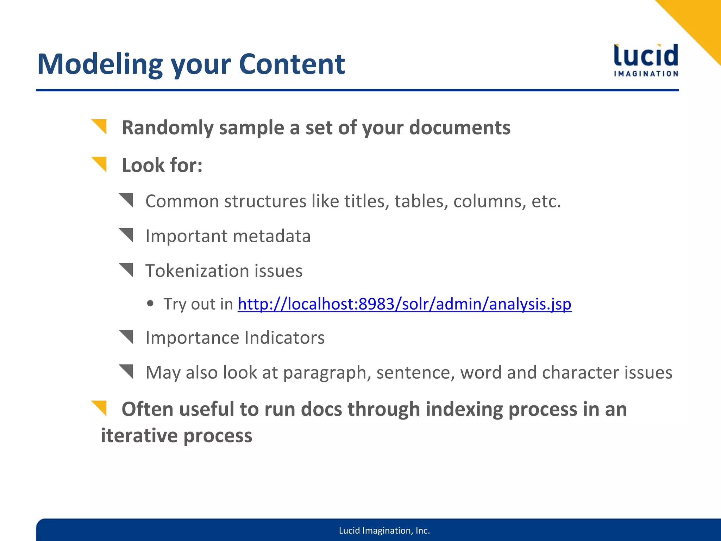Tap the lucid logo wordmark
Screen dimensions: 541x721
[646, 56]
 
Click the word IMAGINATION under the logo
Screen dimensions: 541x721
[646, 74]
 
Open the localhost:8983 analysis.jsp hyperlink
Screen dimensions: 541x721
[404, 304]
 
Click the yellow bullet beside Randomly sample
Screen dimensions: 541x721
[100, 126]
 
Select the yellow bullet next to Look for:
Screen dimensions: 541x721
[100, 164]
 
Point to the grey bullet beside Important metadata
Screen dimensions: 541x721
[127, 235]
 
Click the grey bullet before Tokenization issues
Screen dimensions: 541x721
[127, 270]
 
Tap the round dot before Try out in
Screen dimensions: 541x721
[150, 303]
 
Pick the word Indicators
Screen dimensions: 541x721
[284, 338]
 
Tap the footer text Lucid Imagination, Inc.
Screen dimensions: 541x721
[384, 530]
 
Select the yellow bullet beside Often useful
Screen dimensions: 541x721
[100, 408]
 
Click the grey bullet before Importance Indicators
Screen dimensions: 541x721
[127, 337]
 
